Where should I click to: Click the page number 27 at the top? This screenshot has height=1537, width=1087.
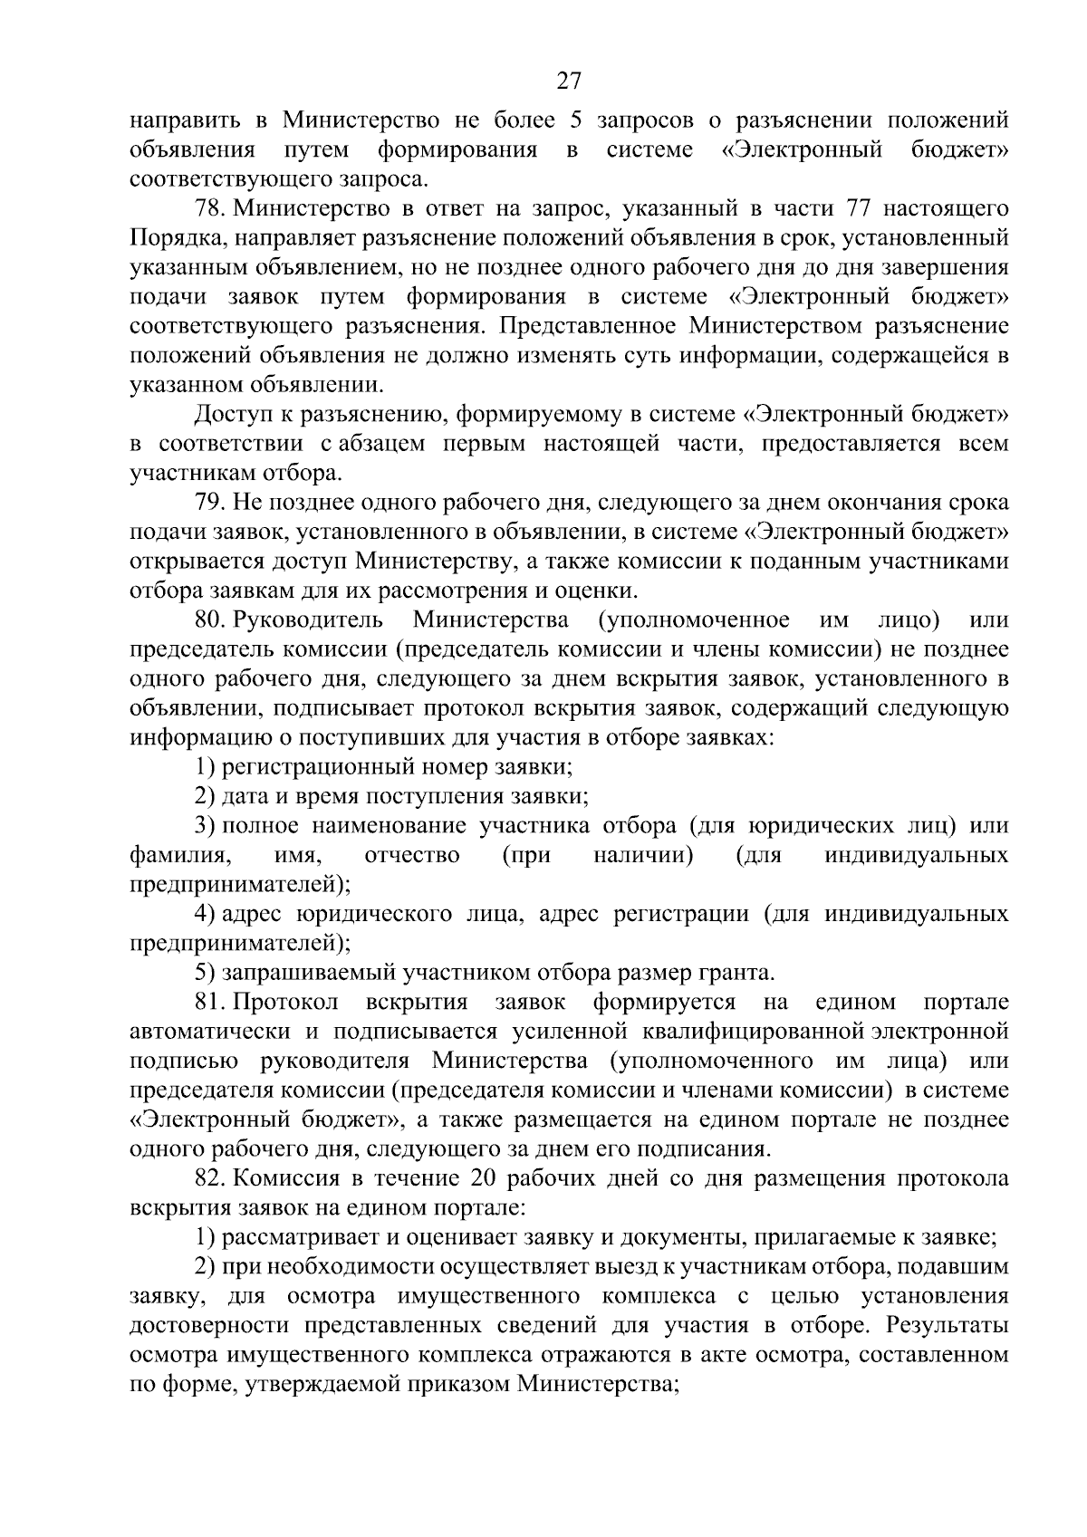[568, 82]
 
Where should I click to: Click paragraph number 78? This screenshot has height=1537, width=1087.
[211, 209]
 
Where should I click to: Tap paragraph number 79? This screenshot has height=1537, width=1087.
[211, 503]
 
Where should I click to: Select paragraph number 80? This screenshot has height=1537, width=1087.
[211, 620]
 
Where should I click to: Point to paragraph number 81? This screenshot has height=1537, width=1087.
[210, 1003]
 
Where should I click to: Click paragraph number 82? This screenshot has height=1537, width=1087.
[211, 1178]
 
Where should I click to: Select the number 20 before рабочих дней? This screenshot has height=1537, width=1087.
[485, 1178]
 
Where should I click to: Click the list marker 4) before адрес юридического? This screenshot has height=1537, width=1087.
[204, 914]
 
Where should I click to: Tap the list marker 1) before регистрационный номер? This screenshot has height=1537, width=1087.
[204, 767]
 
